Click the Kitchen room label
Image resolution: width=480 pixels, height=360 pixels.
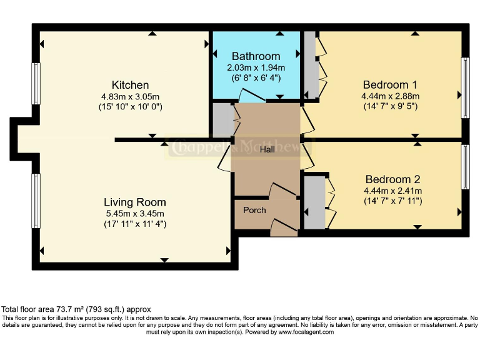coord(130,85)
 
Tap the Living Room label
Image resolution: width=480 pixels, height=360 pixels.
coord(134,202)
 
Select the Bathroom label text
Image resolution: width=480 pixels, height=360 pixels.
coord(256,56)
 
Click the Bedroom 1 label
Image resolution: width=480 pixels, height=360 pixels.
coord(389,85)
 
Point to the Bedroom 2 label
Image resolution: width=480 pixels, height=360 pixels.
coord(389,179)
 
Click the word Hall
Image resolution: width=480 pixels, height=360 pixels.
coord(267,150)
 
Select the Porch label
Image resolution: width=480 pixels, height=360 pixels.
coord(254,210)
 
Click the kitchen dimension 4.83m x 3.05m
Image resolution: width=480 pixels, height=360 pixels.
coord(130,96)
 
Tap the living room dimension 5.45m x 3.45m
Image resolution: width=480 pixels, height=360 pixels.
coord(134,213)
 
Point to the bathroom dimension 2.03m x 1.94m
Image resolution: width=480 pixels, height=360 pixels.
coord(256,67)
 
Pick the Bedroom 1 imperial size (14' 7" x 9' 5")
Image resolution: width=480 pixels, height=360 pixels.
coord(389,106)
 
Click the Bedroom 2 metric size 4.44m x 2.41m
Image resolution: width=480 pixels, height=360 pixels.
coord(389,191)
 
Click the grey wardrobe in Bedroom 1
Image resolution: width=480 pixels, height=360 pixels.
coord(311,66)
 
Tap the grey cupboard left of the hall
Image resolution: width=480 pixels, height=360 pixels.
coord(222,121)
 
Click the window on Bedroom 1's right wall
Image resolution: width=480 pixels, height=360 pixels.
coord(464,87)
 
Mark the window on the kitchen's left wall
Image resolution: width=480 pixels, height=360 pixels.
coord(36,82)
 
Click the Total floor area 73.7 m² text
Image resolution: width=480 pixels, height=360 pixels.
coord(76,309)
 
